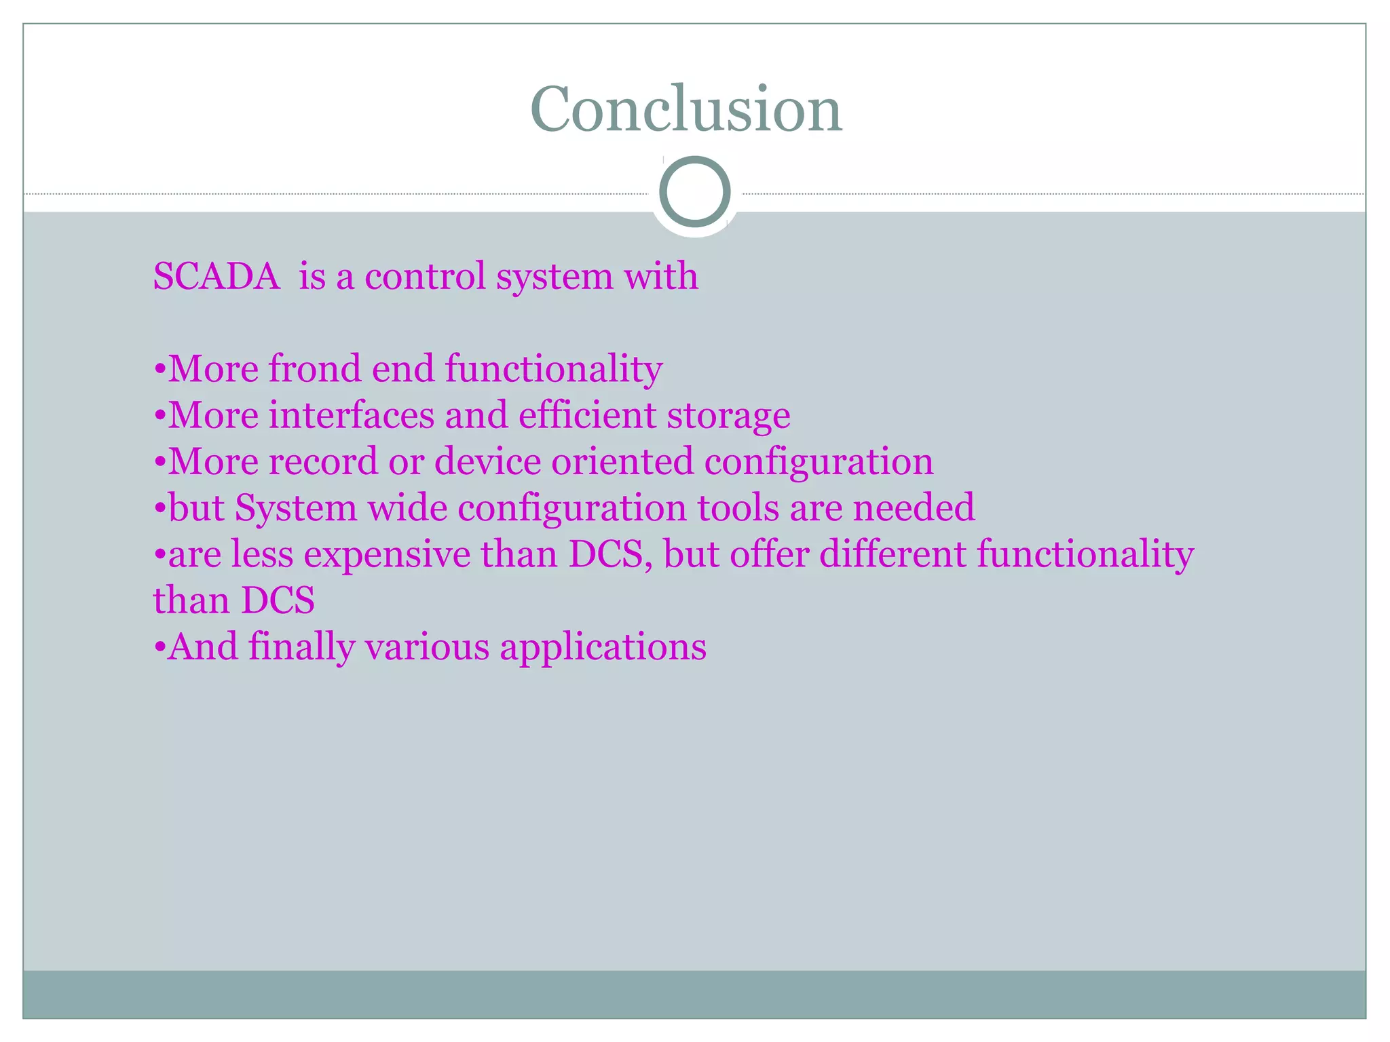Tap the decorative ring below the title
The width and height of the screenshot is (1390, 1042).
tap(694, 192)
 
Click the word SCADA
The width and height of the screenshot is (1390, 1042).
tap(217, 277)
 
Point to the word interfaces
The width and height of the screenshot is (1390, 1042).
tap(351, 415)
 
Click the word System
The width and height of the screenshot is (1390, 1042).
tap(296, 509)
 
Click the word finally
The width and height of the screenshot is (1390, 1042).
tap(301, 647)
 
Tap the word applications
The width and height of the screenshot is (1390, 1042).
tap(603, 648)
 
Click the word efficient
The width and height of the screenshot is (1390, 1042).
tap(587, 415)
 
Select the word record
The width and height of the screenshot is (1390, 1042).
tap(322, 461)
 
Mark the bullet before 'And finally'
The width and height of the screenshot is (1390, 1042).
tap(159, 648)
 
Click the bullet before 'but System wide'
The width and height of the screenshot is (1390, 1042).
tap(159, 509)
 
